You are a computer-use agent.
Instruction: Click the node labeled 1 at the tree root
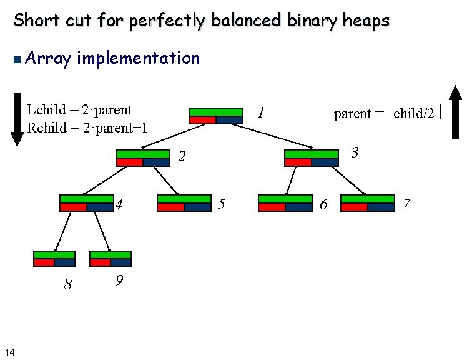pyautogui.click(x=215, y=116)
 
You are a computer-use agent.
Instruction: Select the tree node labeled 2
pyautogui.click(x=143, y=158)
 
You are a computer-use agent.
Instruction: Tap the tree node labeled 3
pyautogui.click(x=311, y=157)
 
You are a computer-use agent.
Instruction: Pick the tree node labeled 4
pyautogui.click(x=87, y=203)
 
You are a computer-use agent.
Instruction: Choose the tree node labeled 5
pyautogui.click(x=184, y=203)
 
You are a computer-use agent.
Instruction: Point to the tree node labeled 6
pyautogui.click(x=285, y=203)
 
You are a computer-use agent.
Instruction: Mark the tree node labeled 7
pyautogui.click(x=368, y=203)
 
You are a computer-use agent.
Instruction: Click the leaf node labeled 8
pyautogui.click(x=54, y=259)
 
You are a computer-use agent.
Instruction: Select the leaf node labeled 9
pyautogui.click(x=111, y=259)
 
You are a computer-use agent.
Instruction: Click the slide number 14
pyautogui.click(x=9, y=352)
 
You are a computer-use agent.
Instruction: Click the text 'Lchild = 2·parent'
pyautogui.click(x=80, y=110)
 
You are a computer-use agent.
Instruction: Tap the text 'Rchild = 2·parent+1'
pyautogui.click(x=87, y=128)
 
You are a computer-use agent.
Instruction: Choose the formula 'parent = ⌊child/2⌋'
pyautogui.click(x=388, y=114)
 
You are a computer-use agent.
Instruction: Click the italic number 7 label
pyautogui.click(x=406, y=204)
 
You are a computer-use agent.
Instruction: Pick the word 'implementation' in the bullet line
pyautogui.click(x=139, y=58)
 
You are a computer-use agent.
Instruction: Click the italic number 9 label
pyautogui.click(x=119, y=282)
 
